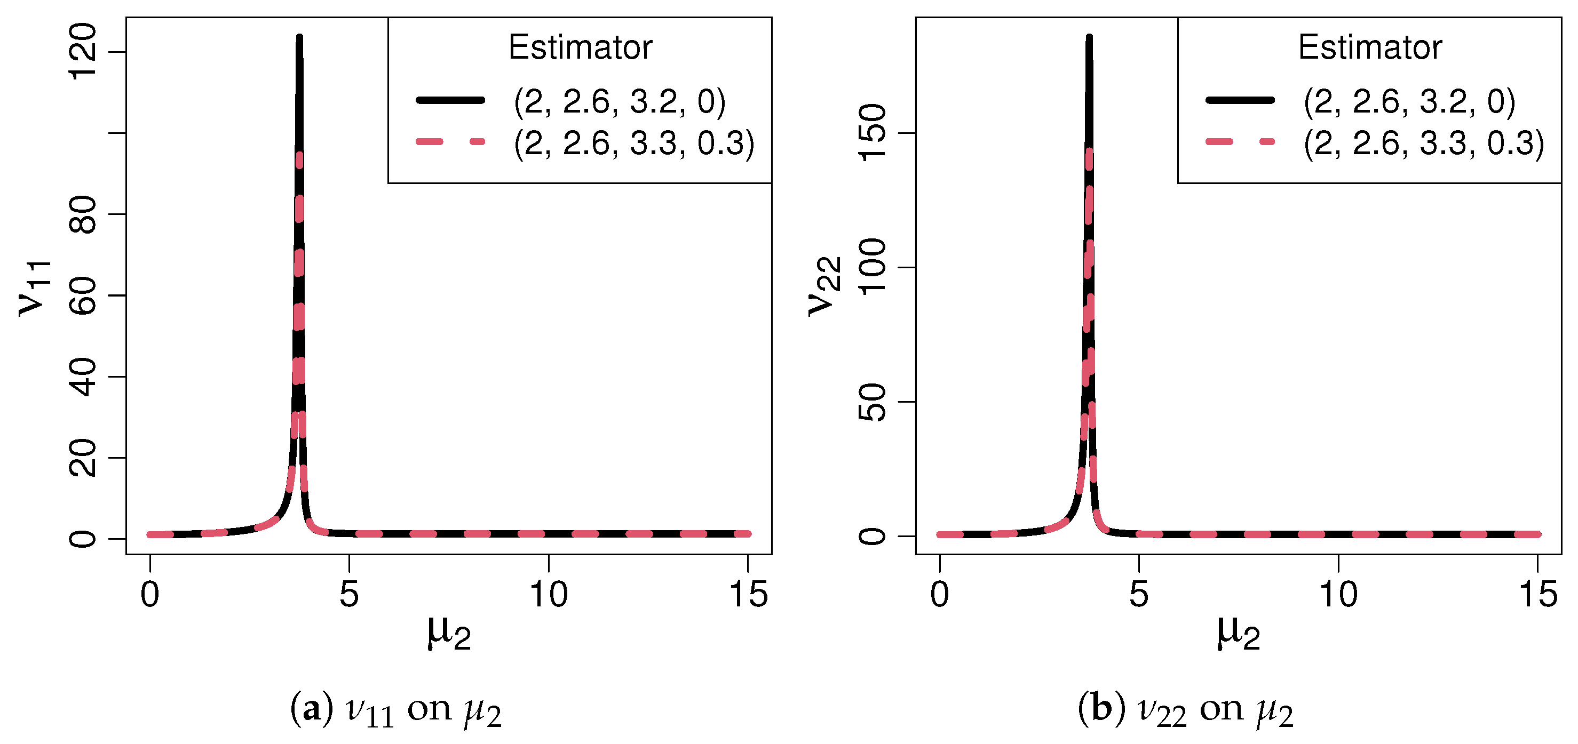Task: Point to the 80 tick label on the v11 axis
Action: pyautogui.click(x=83, y=214)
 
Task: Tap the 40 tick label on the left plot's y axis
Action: pyautogui.click(x=83, y=377)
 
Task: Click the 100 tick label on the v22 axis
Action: pyautogui.click(x=873, y=267)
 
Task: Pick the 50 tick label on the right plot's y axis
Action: pyautogui.click(x=873, y=402)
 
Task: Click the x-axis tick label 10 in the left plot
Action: pyautogui.click(x=548, y=595)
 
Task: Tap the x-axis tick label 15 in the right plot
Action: pyautogui.click(x=1537, y=595)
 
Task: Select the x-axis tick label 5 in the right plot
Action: pyautogui.click(x=1139, y=595)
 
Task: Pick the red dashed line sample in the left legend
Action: pyautogui.click(x=450, y=141)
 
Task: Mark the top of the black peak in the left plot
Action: pyautogui.click(x=299, y=38)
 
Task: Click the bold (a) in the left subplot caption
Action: pyautogui.click(x=312, y=709)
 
